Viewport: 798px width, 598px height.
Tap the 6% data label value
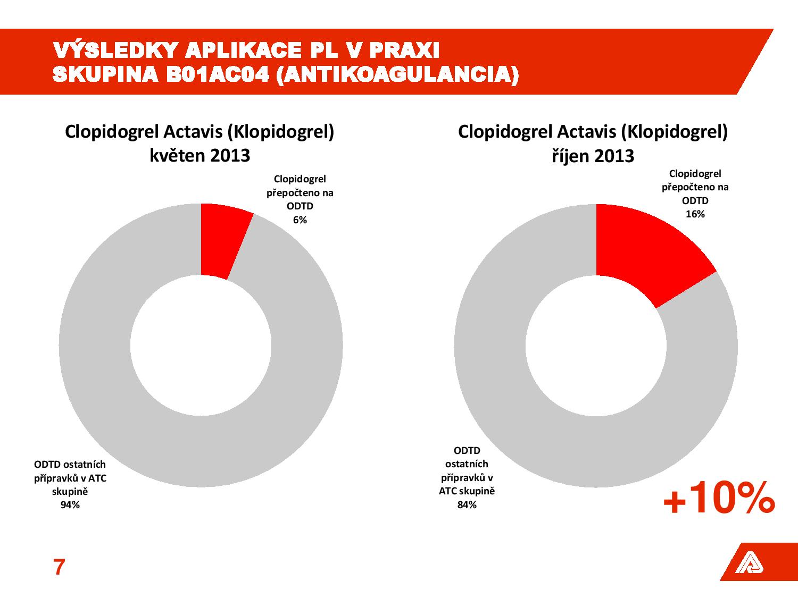tap(300, 220)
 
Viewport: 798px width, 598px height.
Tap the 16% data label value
tap(695, 214)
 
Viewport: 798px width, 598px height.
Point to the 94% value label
tap(70, 505)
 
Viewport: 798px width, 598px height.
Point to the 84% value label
tap(467, 505)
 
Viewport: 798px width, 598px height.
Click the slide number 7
tap(59, 568)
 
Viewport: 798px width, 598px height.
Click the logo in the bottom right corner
tap(749, 563)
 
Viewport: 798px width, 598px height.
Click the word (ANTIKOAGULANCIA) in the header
tap(397, 75)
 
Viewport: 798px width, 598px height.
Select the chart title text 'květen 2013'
tap(200, 156)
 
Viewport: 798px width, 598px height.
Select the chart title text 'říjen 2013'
tap(592, 156)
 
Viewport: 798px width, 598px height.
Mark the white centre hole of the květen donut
tap(201, 346)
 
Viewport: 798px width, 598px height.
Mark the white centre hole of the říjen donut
tap(596, 346)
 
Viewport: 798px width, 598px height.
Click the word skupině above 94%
tap(70, 492)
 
